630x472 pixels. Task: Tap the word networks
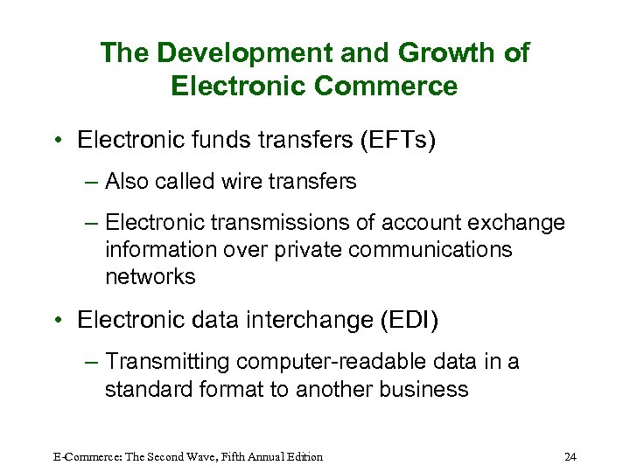point(150,277)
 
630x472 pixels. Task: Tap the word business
point(424,389)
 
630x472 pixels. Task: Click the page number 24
point(570,456)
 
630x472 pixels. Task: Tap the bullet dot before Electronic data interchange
point(56,321)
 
